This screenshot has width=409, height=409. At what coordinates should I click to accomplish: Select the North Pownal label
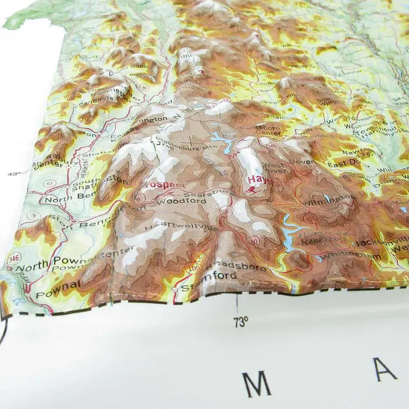[39, 264]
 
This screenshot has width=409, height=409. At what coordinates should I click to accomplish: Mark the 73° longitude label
[240, 322]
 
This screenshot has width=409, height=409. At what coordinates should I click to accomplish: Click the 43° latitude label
[14, 173]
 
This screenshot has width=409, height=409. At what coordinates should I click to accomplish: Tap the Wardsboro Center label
[261, 130]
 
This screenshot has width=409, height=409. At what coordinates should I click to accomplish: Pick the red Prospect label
[165, 184]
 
